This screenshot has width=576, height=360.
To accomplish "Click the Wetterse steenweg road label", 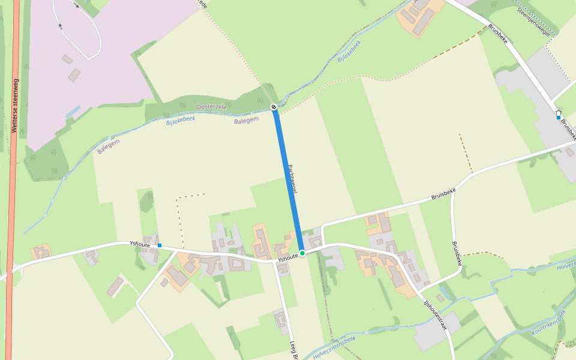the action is pos(15,106).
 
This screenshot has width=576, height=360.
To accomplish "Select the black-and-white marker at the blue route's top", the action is pos(274,107).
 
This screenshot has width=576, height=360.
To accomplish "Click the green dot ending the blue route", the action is pos(302,253).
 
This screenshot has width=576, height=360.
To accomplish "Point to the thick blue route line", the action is pos(288,180).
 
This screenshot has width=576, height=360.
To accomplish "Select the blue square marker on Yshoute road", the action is pos(160,245).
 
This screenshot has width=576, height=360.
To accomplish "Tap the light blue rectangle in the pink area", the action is pos(73,112).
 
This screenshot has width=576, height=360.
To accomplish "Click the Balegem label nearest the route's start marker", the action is pos(246,120).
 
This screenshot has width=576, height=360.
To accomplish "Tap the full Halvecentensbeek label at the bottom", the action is pos(334,347).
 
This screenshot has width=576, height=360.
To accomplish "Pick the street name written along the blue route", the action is pos(294,179).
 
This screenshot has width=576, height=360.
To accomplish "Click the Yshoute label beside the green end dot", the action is pos(288,257).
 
